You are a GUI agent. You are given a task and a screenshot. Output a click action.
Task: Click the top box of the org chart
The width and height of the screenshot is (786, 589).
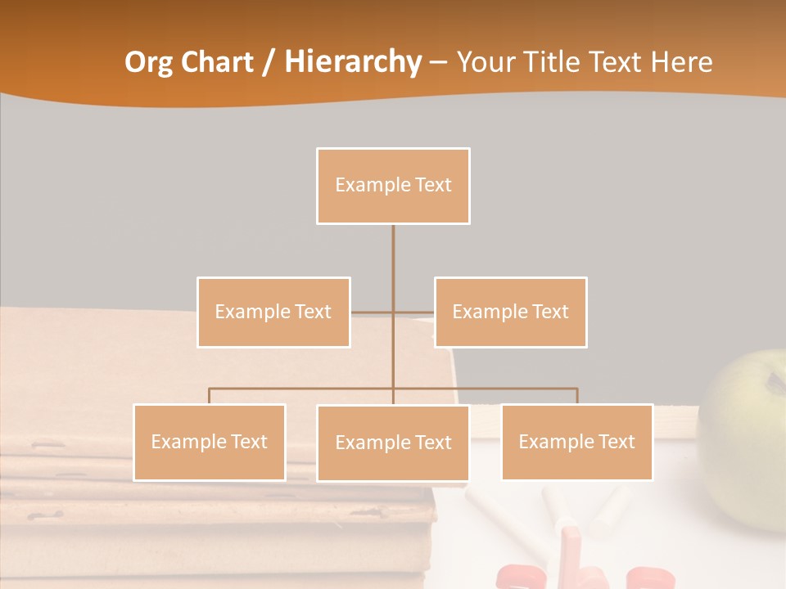point(393,186)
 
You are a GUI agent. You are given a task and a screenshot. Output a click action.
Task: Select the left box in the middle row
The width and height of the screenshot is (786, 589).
point(273,312)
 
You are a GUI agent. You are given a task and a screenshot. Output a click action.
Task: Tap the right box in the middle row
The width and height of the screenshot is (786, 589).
point(510,312)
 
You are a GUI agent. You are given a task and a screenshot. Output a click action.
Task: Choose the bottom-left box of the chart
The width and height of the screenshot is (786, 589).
point(210,442)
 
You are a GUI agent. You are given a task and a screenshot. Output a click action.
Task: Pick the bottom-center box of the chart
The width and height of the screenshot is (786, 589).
point(393,443)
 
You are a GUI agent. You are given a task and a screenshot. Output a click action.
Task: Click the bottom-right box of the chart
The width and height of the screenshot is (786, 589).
point(576,442)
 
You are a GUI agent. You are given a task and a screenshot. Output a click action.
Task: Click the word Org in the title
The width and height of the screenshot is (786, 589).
point(148,62)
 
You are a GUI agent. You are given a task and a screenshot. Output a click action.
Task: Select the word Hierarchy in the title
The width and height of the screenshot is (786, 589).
point(353,62)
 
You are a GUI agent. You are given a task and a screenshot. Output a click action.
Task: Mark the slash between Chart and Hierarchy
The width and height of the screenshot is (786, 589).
point(269,63)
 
